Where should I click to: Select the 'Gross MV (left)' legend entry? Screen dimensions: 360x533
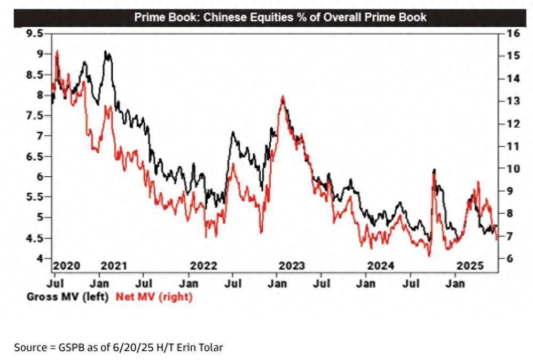click(68, 296)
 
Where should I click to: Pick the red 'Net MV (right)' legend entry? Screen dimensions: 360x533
click(154, 296)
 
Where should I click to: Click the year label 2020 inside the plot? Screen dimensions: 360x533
click(66, 265)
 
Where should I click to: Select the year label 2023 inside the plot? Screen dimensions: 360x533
click(292, 265)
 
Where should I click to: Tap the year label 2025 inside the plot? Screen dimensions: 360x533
click(471, 265)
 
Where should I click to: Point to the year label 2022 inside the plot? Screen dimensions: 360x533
click(203, 265)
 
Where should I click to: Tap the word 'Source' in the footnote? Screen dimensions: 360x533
click(30, 348)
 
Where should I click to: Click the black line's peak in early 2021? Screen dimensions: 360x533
click(106, 52)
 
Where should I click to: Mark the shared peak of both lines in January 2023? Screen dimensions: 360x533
click(283, 97)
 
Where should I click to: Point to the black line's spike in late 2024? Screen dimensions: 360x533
click(434, 170)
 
